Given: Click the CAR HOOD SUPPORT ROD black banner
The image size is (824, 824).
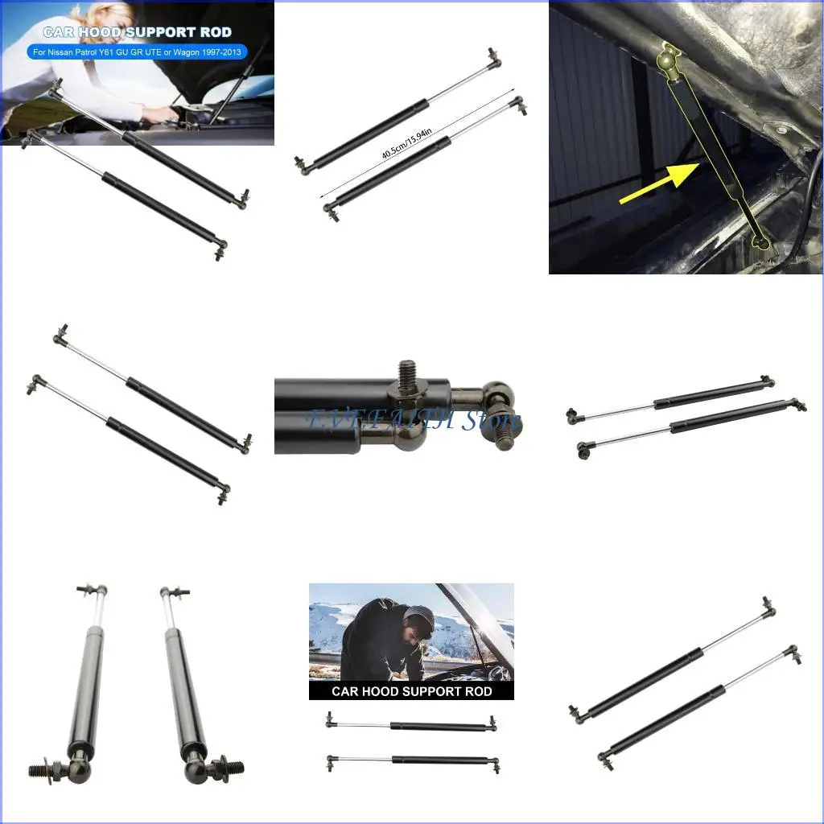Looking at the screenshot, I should tap(411, 690).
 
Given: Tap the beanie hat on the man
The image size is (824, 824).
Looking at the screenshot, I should tap(418, 618).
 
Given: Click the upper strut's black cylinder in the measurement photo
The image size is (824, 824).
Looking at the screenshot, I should tap(370, 133).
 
